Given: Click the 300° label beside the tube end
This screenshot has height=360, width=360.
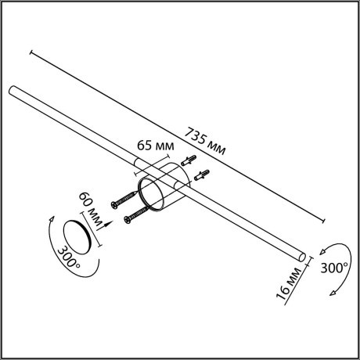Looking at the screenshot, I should [x=334, y=267].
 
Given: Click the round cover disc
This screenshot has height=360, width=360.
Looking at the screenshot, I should [x=79, y=234].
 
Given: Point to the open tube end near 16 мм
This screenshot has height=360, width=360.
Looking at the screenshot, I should [x=301, y=256].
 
